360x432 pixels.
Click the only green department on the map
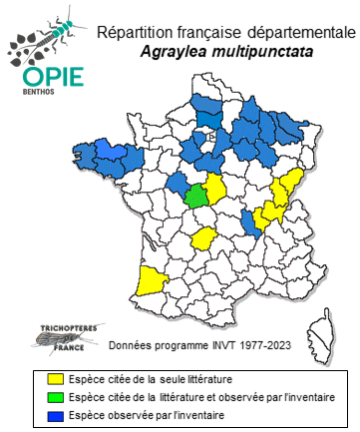[x=197, y=192]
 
